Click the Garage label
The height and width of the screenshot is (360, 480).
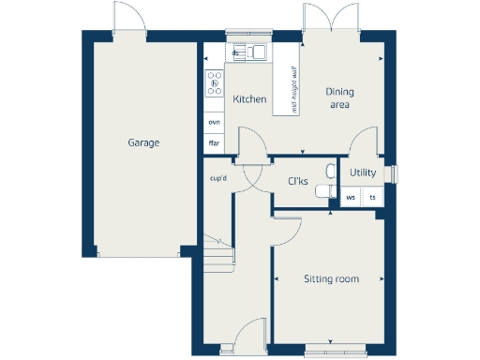tap(143, 143)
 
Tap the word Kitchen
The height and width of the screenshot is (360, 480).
tap(249, 99)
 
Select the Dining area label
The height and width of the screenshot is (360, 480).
tap(338, 98)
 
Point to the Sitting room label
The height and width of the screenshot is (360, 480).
tap(331, 278)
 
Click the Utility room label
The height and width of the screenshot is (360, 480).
tap(362, 173)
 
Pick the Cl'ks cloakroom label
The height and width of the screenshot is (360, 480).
tap(297, 181)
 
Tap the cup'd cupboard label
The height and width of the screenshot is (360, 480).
tap(218, 177)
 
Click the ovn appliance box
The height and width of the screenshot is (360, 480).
tap(214, 123)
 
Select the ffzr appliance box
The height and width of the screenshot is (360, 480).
tap(214, 143)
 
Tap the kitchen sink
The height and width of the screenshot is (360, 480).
tap(255, 53)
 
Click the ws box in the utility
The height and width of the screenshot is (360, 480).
tap(351, 198)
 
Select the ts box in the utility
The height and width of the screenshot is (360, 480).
tap(372, 198)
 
